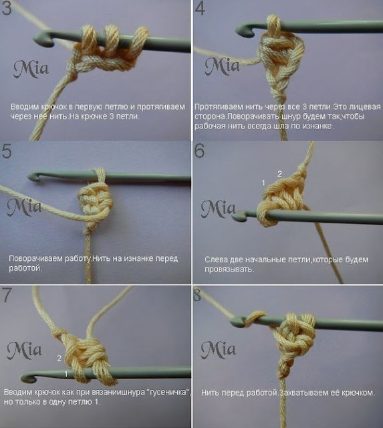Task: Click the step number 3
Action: pos(7,8)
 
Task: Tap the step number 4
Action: pos(200,9)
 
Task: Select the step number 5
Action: pos(7,151)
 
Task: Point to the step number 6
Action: pos(199,150)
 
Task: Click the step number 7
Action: pos(7,295)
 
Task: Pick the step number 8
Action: pos(197,295)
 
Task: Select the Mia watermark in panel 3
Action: pos(31,69)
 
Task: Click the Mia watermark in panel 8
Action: pos(218,350)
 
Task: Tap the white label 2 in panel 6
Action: pos(279,174)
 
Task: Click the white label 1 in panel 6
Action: pos(263,183)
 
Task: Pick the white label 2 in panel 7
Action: pos(59,358)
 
